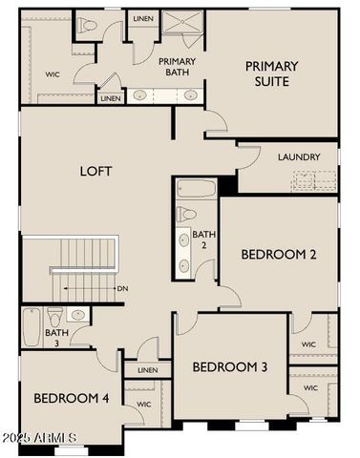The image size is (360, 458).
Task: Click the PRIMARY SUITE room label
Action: tap(271, 73)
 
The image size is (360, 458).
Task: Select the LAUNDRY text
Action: tap(299, 156)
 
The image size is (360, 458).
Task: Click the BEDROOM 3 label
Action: tap(229, 367)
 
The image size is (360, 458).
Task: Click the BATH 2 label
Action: tap(203, 239)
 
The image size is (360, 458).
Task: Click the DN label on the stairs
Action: tap(122, 287)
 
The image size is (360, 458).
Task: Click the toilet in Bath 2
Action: tap(187, 215)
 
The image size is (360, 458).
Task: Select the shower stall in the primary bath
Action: tap(181, 24)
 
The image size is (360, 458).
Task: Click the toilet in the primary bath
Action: tap(87, 26)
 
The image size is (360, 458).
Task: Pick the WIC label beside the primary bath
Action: tap(53, 73)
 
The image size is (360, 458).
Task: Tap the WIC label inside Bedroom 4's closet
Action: tap(144, 405)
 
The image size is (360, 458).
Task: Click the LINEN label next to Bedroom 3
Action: tap(147, 370)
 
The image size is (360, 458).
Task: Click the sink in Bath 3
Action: tap(78, 314)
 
